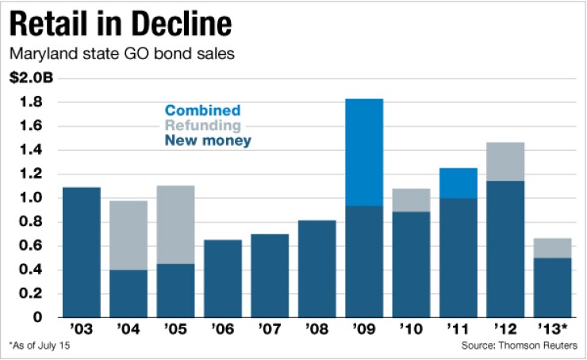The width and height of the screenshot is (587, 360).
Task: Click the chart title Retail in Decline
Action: [x=121, y=25]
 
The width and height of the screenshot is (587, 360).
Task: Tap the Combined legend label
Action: [x=203, y=111]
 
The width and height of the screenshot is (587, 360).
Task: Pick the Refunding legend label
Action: [x=202, y=126]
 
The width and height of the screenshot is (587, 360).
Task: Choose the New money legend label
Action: [x=204, y=141]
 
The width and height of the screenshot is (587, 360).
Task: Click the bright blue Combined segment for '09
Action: [x=364, y=152]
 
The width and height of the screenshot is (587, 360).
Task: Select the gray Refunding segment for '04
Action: [x=129, y=236]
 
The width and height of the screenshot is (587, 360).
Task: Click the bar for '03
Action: [x=82, y=252]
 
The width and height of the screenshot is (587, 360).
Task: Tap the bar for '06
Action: [x=222, y=278]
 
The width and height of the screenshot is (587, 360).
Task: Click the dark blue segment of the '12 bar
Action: [x=505, y=249]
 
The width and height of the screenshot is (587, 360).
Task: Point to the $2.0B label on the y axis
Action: [x=26, y=79]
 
